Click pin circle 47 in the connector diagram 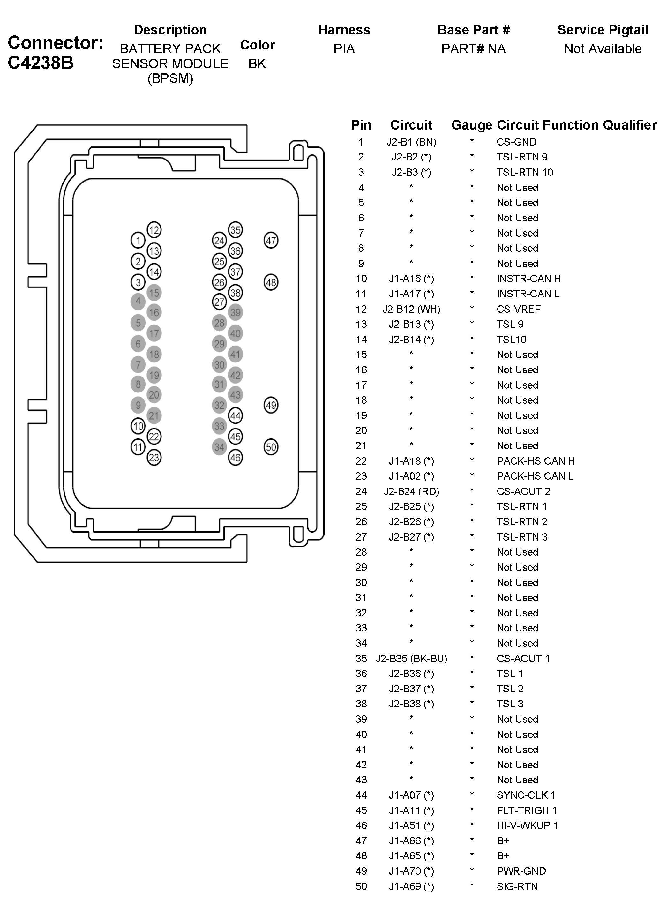click(271, 241)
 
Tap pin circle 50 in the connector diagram click(271, 447)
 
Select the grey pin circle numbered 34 click(219, 447)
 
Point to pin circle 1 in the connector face click(138, 241)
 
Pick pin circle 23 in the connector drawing click(154, 458)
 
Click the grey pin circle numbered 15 click(154, 293)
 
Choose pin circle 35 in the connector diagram click(235, 230)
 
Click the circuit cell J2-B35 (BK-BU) click(411, 659)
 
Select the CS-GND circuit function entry click(516, 142)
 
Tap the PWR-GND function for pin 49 click(521, 871)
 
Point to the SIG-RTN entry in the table click(517, 886)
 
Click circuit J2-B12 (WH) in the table click(411, 309)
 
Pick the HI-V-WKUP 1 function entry click(527, 825)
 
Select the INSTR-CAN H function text click(528, 279)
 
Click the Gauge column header click(471, 125)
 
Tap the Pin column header click(361, 125)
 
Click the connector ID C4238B click(41, 63)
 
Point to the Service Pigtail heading click(603, 30)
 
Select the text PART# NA click(473, 49)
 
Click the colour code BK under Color click(257, 63)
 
